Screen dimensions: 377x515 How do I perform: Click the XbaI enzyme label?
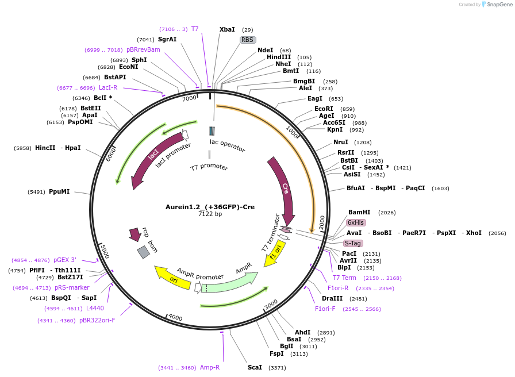[227, 29]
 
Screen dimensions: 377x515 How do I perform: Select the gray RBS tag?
[248, 40]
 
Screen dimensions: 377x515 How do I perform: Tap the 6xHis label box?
[356, 222]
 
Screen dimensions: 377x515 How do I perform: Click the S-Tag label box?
[353, 243]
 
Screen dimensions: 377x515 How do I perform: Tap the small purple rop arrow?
[135, 233]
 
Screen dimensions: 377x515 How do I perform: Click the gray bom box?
[143, 252]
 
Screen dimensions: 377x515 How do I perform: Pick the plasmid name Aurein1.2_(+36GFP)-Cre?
[210, 207]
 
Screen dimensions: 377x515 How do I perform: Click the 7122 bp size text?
[210, 214]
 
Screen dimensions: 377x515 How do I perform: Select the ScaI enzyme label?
[255, 367]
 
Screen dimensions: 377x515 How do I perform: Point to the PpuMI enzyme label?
[59, 191]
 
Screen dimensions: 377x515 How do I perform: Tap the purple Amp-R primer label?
[210, 367]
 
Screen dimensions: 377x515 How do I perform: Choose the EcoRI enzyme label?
[324, 109]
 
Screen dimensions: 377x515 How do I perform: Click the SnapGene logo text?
[499, 5]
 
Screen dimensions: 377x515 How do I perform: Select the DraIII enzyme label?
[332, 298]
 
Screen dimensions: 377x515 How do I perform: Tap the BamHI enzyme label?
[360, 212]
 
